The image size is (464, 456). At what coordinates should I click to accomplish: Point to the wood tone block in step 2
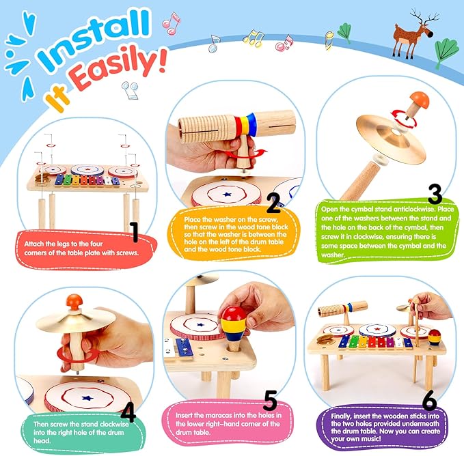[x=205, y=122]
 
